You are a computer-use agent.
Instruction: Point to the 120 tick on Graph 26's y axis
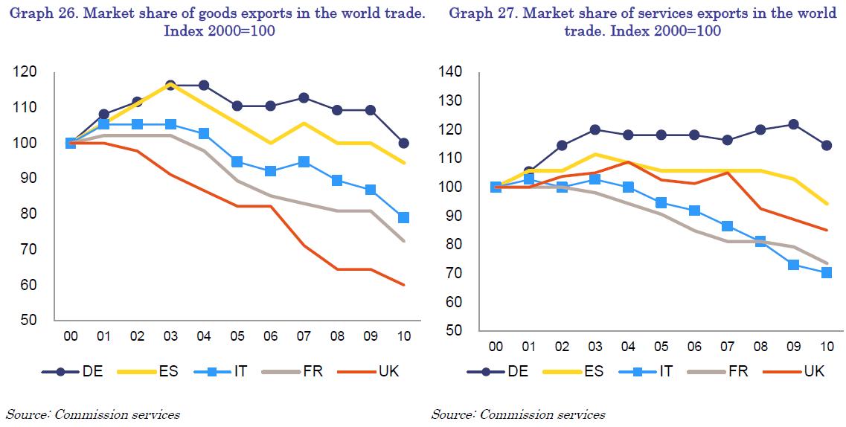25,71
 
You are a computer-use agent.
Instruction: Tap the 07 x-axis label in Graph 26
304,336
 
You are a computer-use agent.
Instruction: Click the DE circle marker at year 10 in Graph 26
404,143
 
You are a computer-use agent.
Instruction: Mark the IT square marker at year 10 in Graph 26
404,217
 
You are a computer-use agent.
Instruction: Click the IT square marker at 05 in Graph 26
237,161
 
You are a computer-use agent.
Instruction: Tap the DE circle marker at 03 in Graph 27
596,129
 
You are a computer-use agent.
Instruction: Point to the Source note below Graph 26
93,414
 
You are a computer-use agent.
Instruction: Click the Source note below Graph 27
518,414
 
